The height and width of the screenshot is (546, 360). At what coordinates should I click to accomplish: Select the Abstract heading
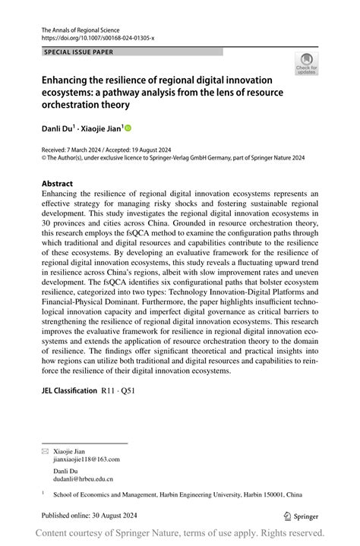(58, 183)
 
